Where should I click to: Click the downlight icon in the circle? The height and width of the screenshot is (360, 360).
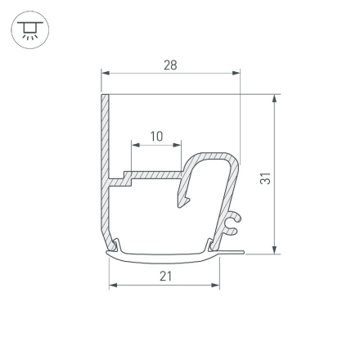pos(30,32)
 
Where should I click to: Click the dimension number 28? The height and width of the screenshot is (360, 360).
pos(170,65)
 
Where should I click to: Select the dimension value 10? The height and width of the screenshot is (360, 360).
pos(156,136)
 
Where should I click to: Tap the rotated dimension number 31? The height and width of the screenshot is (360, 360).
pos(265,178)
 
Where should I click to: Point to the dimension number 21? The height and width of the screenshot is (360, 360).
pos(165,276)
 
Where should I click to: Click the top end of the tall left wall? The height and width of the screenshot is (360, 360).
pos(105,97)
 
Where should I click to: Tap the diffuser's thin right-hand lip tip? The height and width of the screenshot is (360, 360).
pos(241,251)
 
